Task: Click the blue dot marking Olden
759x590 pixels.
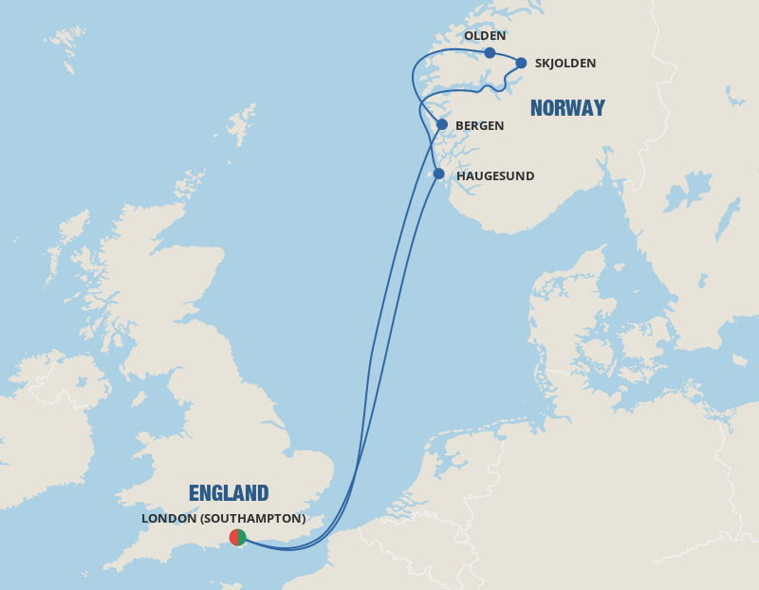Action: coord(490,53)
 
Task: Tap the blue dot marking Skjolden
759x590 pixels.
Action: coord(521,63)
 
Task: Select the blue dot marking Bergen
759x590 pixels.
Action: coord(442,124)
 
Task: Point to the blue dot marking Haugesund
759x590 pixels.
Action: coord(438,174)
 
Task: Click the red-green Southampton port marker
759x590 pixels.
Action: coord(237,538)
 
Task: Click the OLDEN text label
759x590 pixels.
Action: coord(485,36)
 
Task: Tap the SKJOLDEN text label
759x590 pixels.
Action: coord(565,64)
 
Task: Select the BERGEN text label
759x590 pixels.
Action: coord(480,125)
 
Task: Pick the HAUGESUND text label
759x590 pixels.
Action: coord(495,175)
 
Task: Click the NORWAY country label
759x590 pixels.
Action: coord(567,108)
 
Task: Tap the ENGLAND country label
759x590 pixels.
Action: coord(229,493)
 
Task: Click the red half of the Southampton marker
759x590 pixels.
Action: coord(233,538)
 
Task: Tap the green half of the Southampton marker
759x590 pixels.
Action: coord(242,538)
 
